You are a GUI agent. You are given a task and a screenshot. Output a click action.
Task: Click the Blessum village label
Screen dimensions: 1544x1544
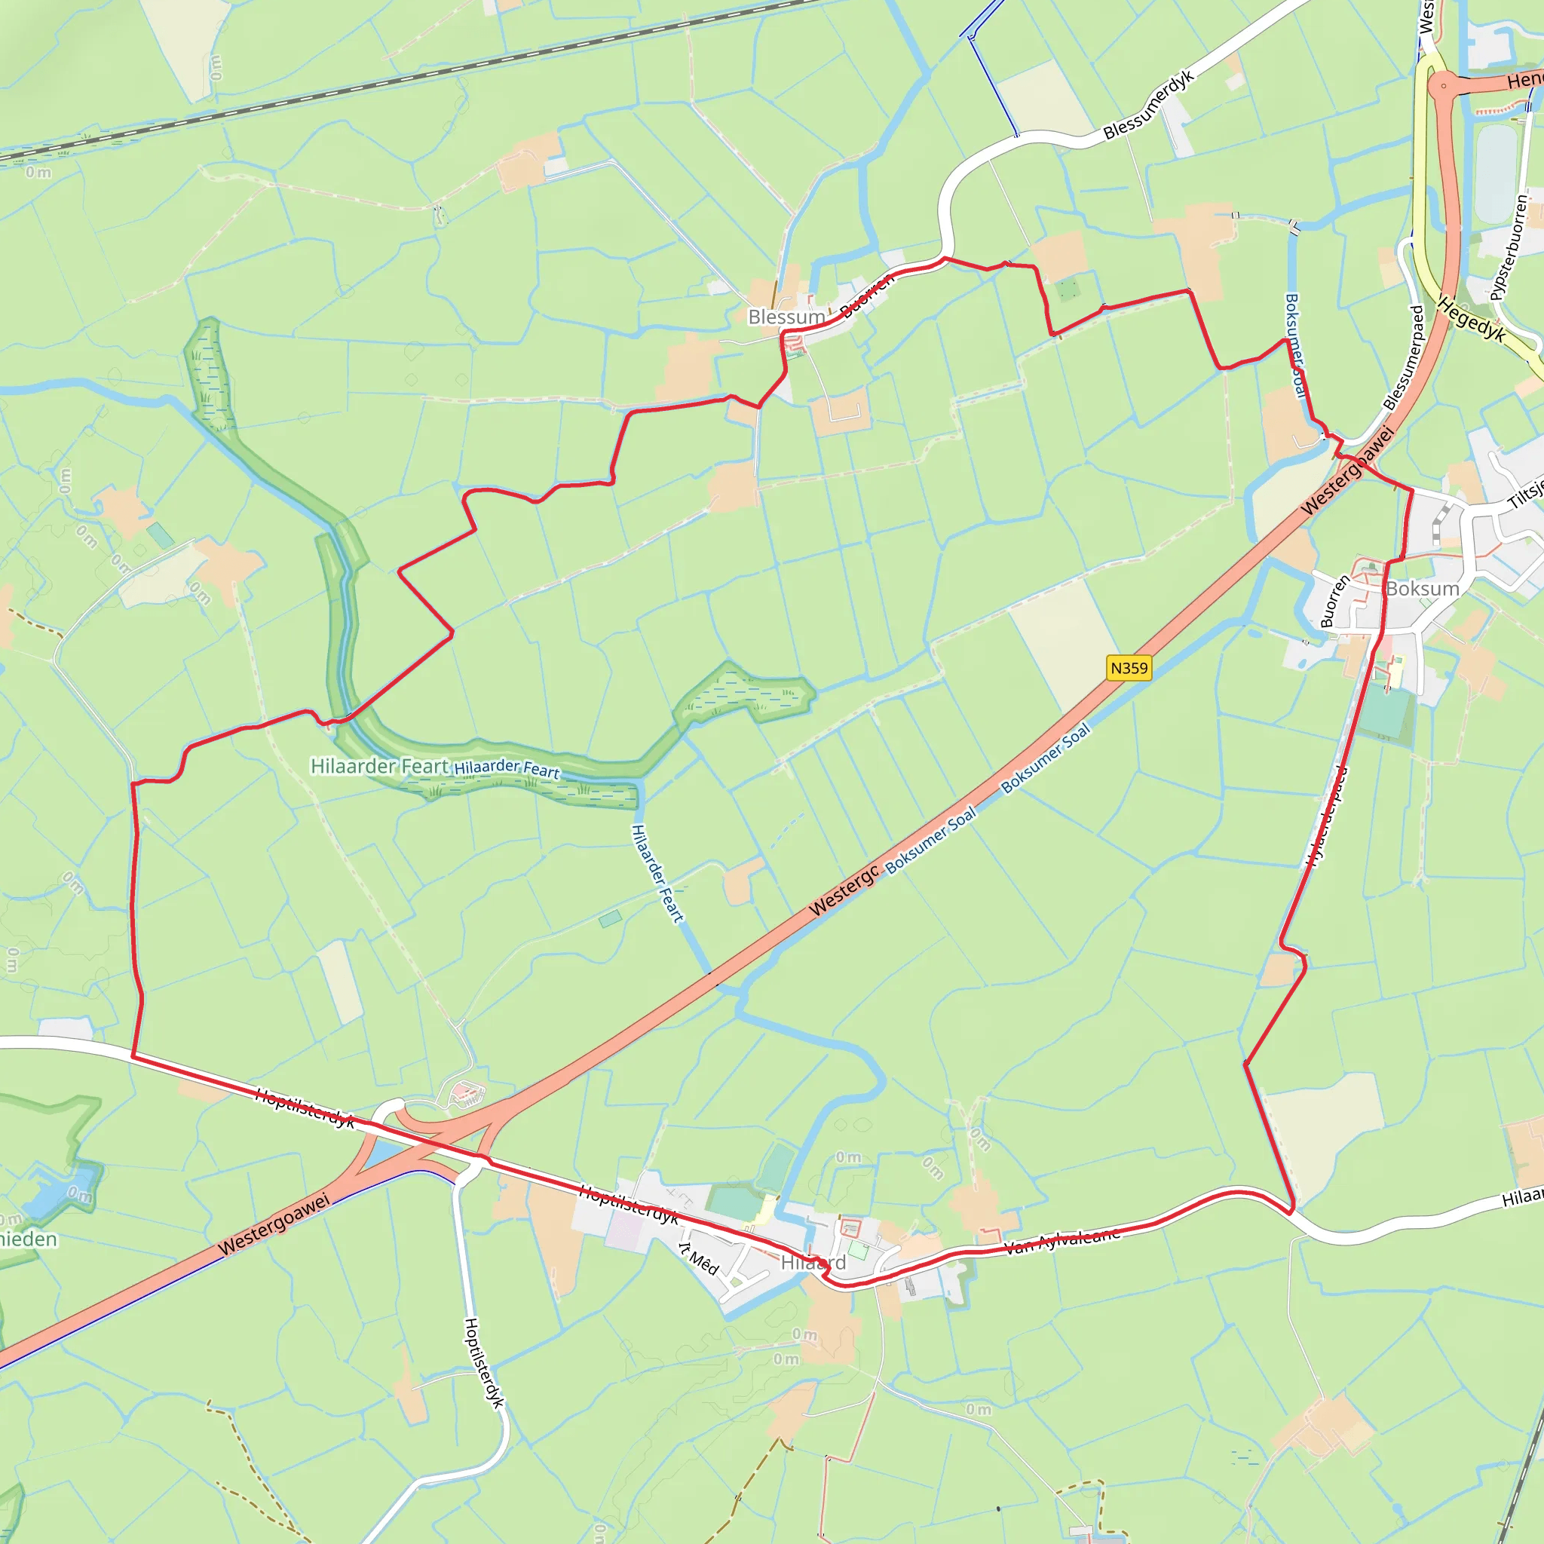(x=786, y=317)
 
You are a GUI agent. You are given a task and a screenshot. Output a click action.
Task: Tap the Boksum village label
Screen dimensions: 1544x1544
(x=1423, y=589)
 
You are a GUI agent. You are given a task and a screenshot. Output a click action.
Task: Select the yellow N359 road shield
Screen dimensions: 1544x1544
(x=1129, y=668)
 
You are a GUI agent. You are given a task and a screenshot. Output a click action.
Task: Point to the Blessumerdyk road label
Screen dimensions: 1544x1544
(x=1148, y=106)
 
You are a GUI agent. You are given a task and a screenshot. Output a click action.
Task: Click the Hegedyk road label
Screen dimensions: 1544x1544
(x=1472, y=320)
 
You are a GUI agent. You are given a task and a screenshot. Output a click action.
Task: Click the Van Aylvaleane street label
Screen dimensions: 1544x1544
(x=1061, y=1241)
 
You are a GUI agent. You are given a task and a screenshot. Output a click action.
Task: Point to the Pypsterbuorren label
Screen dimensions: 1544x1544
(x=1509, y=249)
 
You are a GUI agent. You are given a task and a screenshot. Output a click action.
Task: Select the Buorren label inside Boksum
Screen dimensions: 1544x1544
(x=1334, y=602)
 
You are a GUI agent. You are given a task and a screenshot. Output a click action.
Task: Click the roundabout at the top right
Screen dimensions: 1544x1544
(x=1443, y=85)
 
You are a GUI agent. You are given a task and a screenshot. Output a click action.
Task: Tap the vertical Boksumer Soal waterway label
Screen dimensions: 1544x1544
(x=1294, y=345)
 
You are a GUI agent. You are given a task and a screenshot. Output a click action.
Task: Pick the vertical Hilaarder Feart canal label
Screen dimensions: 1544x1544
(x=657, y=874)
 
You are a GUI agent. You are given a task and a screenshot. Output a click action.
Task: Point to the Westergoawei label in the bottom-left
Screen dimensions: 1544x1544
(x=274, y=1224)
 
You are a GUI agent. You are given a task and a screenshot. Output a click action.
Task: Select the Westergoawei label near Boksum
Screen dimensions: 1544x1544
(x=1347, y=471)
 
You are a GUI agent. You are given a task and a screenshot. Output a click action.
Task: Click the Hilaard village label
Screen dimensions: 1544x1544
(x=813, y=1263)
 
